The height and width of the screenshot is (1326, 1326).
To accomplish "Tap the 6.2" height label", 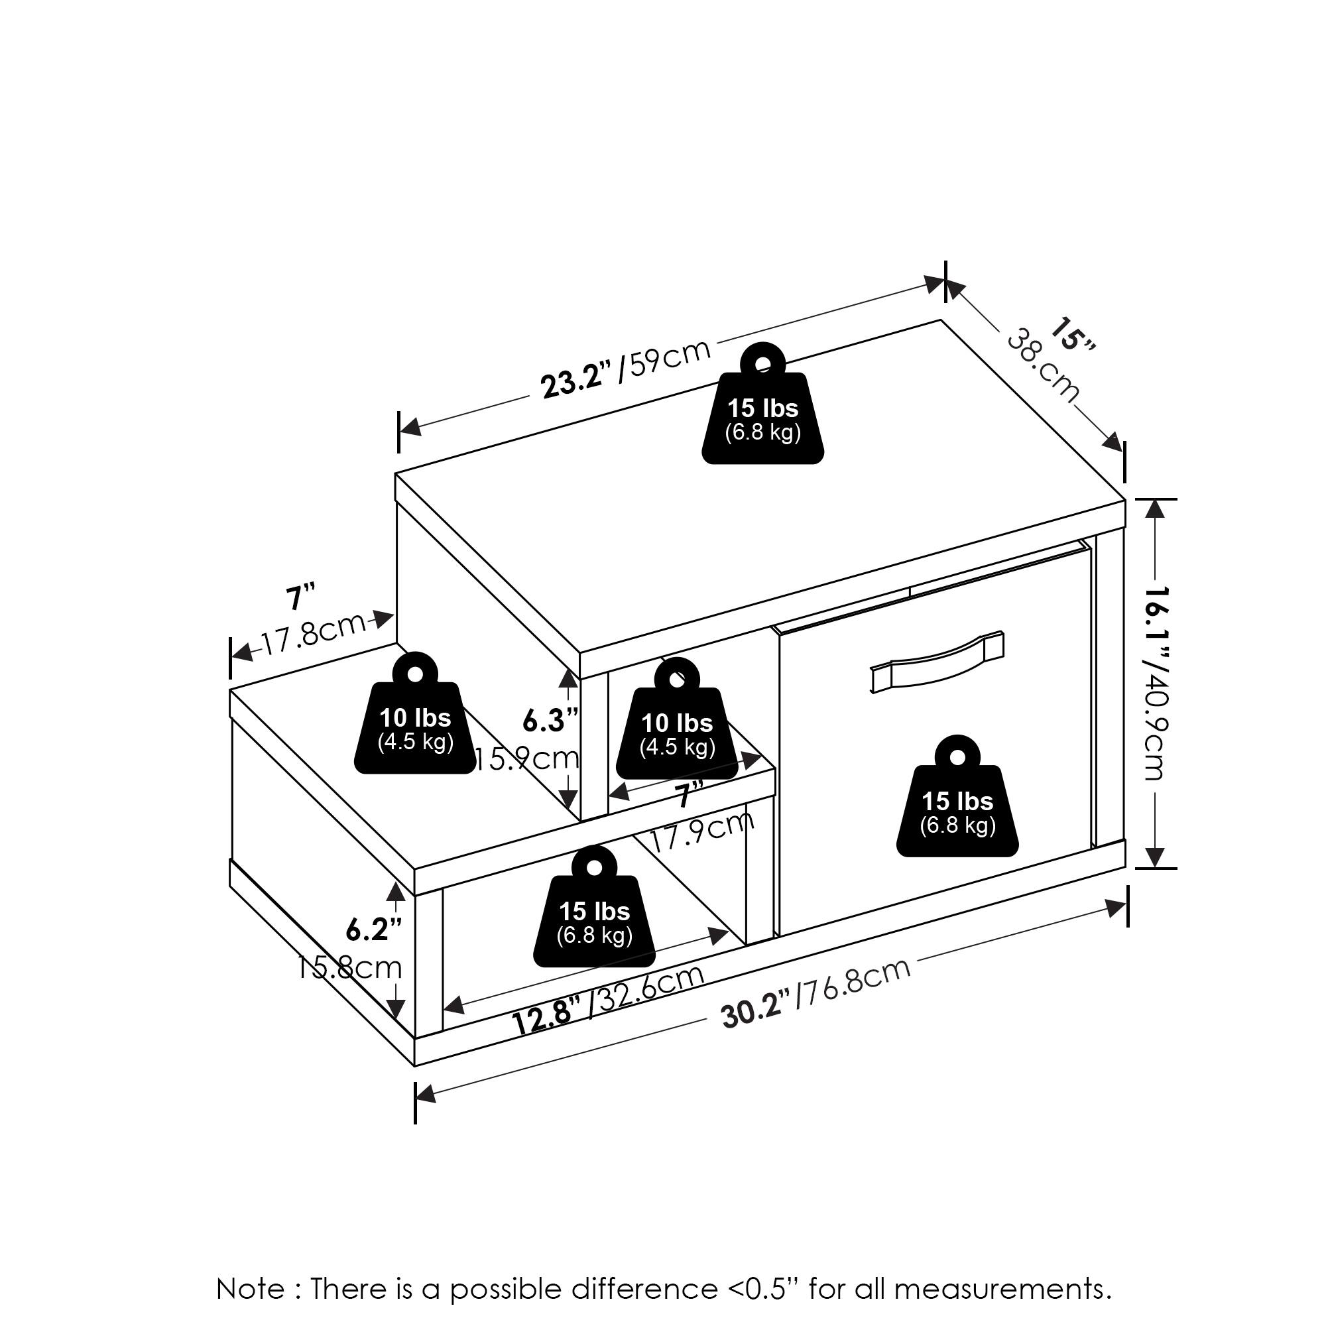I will [373, 930].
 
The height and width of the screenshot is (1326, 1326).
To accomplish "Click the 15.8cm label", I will [350, 968].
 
